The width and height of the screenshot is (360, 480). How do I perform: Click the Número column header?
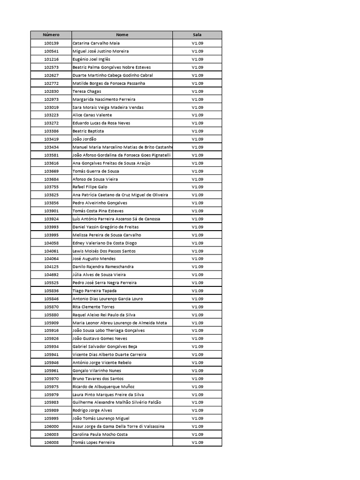(51, 35)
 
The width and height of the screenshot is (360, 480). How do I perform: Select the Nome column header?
(122, 35)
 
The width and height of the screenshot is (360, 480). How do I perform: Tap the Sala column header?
(197, 35)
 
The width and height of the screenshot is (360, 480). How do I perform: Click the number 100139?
(51, 43)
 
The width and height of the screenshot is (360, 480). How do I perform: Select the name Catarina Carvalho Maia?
(96, 43)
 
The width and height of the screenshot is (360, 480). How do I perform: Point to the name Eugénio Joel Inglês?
(91, 59)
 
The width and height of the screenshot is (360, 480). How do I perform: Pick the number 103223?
(51, 115)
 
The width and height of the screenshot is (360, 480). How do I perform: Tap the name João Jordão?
(85, 139)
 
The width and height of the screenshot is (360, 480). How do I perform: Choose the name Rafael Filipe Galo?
(90, 187)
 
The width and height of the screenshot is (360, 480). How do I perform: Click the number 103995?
(51, 235)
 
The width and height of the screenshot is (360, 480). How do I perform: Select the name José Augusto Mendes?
(94, 259)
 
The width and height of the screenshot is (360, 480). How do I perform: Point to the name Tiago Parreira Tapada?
(95, 291)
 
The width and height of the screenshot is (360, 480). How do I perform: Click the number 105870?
(51, 307)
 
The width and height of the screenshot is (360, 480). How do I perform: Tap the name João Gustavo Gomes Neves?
(100, 338)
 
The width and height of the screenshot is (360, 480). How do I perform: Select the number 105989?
(51, 410)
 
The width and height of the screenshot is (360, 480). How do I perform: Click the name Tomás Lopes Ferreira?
(94, 442)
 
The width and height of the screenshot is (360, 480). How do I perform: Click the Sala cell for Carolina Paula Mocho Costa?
(197, 434)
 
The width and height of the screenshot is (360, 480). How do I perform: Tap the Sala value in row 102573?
(197, 67)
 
